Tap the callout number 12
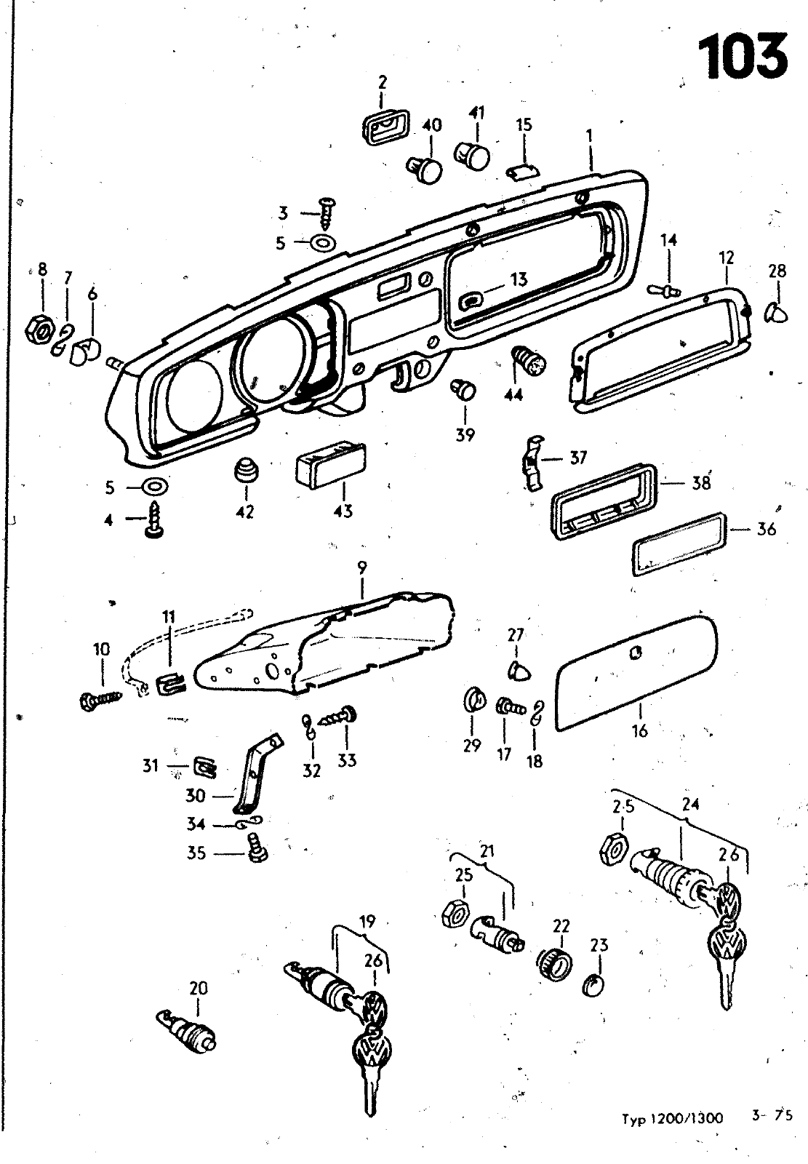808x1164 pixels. (727, 258)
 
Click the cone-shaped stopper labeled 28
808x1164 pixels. (777, 313)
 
